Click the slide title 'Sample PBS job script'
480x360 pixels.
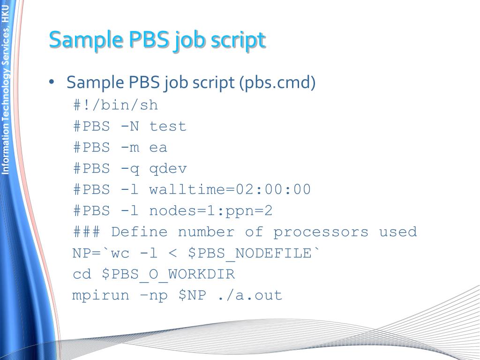[157, 40]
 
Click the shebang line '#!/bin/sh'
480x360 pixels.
[115, 105]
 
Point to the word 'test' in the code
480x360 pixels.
[168, 126]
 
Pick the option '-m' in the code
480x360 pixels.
[130, 147]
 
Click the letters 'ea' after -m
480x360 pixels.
[158, 147]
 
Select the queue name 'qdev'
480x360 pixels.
[168, 168]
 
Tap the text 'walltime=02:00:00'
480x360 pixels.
[230, 189]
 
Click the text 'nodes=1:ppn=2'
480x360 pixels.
[211, 210]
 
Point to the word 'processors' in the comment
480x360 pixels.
[321, 232]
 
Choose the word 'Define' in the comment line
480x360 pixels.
[139, 232]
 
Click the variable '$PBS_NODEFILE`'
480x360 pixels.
[255, 253]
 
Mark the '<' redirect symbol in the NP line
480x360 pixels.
[172, 253]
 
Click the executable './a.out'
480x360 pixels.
[249, 295]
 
